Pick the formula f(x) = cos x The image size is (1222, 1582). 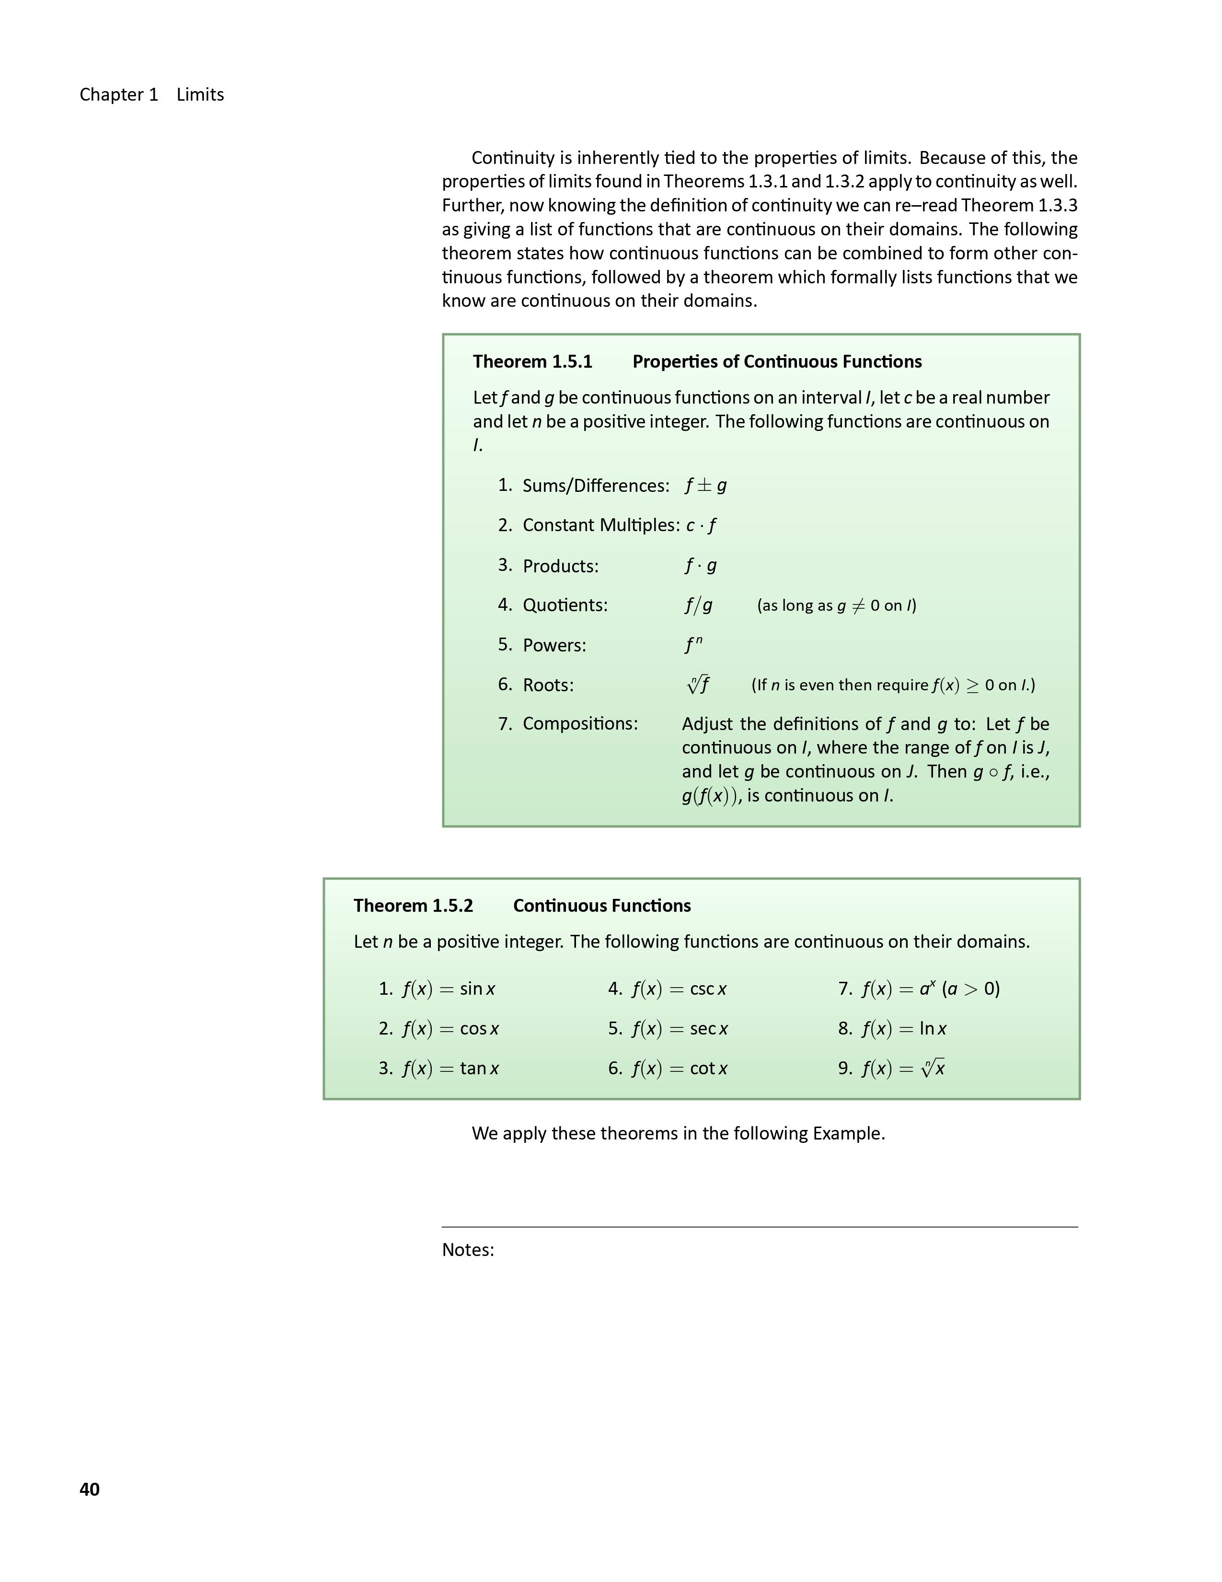point(450,1029)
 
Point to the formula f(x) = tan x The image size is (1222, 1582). point(450,1069)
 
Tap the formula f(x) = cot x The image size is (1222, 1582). point(679,1069)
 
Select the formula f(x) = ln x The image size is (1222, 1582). point(903,1029)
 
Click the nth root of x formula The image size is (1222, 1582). point(903,1069)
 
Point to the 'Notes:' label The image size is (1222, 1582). point(468,1249)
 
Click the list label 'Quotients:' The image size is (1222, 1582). point(565,605)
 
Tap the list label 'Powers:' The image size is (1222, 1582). point(554,645)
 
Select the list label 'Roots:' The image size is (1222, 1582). point(548,685)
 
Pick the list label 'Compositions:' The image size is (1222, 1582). point(580,723)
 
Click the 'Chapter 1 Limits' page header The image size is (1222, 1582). point(151,95)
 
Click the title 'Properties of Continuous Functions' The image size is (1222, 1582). point(777,361)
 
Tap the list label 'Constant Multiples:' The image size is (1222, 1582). point(601,525)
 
